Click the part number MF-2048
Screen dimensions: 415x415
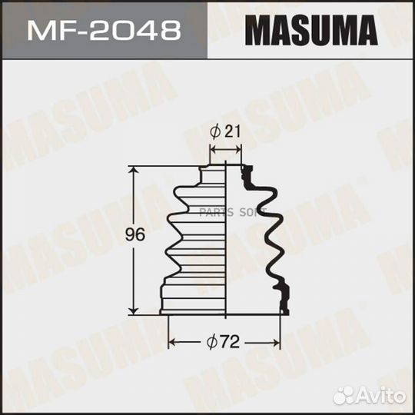point(103,31)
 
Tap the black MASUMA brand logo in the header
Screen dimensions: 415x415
point(311,31)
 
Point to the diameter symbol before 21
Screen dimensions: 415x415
point(216,131)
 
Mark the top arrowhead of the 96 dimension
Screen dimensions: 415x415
point(136,170)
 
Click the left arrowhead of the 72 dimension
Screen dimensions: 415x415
point(172,341)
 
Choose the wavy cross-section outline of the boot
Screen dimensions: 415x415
point(269,231)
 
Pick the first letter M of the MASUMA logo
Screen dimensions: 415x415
point(255,31)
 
